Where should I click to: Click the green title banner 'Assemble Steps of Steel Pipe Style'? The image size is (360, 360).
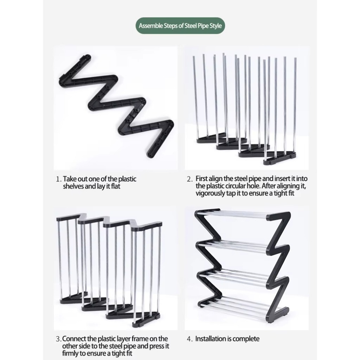(x=180, y=25)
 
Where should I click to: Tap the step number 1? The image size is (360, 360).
(x=59, y=179)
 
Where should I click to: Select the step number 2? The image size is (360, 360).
(x=189, y=179)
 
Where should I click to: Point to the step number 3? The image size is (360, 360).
(x=58, y=339)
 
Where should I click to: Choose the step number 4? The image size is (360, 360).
(x=189, y=339)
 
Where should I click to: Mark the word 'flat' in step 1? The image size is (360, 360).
(x=116, y=186)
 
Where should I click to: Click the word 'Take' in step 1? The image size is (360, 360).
(x=70, y=179)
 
